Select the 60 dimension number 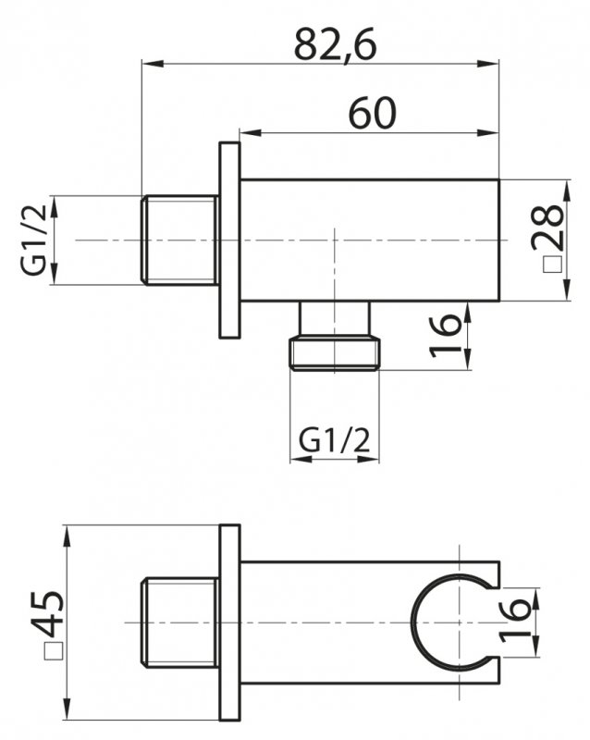(x=373, y=113)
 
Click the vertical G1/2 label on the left (x=33, y=240)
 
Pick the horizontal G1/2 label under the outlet (x=335, y=440)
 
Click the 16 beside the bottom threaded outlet (x=444, y=335)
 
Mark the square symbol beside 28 (x=551, y=264)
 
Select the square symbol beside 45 (x=52, y=651)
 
